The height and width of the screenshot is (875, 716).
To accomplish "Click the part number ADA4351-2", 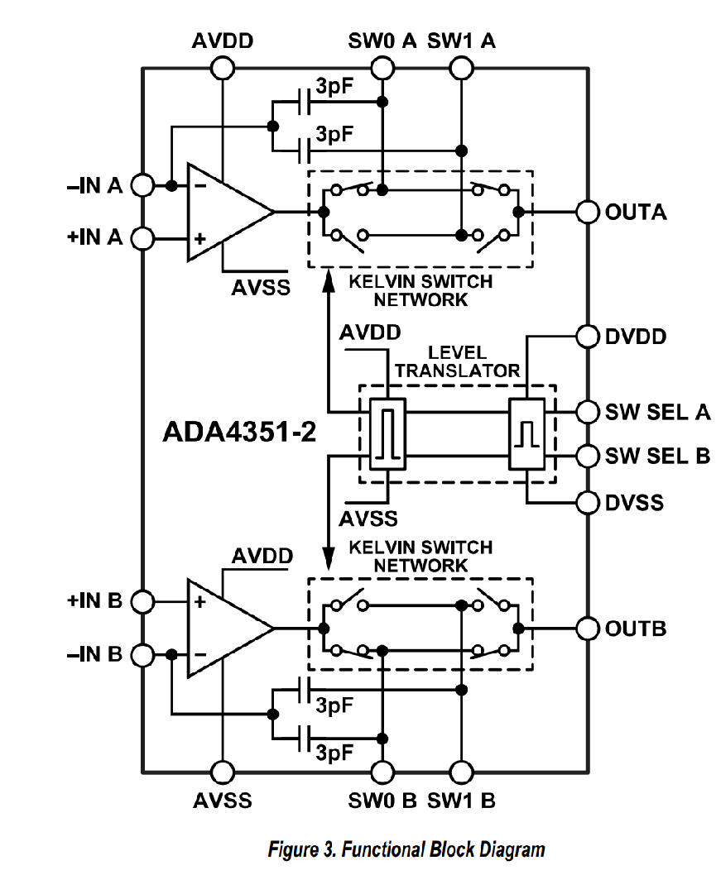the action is pyautogui.click(x=239, y=432).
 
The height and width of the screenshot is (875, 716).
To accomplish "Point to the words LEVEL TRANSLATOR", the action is pyautogui.click(x=458, y=361).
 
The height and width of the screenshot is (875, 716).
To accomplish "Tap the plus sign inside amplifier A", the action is pyautogui.click(x=199, y=239).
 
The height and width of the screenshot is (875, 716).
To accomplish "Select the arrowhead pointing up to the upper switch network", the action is pyautogui.click(x=329, y=282).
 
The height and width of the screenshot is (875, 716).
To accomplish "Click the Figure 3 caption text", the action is pyautogui.click(x=406, y=849).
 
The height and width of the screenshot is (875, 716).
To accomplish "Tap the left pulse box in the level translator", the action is pyautogui.click(x=387, y=434).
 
